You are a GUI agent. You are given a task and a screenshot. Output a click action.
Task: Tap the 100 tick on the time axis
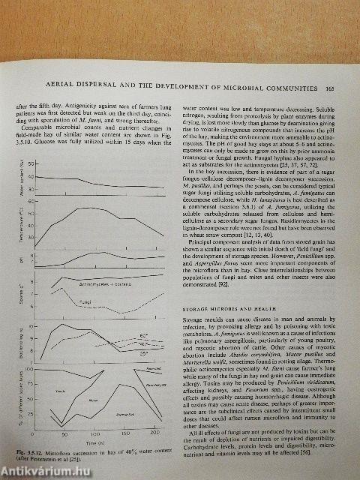93,434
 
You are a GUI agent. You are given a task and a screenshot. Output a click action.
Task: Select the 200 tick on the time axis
154,434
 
